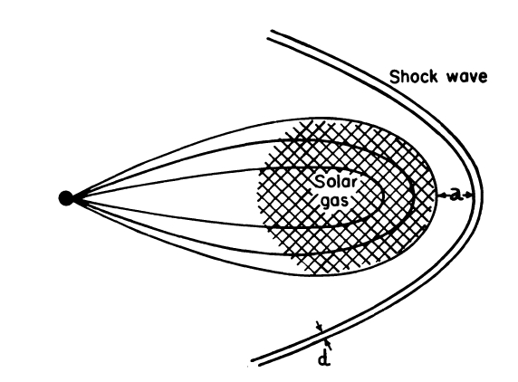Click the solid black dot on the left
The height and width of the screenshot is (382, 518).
[66, 198]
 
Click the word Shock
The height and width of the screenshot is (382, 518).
[414, 77]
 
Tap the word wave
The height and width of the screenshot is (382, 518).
[467, 78]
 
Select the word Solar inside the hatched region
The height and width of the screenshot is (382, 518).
[336, 182]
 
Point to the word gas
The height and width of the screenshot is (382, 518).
[335, 201]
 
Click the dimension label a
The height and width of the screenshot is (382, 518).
[456, 196]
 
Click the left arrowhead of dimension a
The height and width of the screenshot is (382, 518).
[442, 196]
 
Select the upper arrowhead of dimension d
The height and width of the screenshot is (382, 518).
[320, 328]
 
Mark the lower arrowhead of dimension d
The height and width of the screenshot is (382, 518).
[327, 341]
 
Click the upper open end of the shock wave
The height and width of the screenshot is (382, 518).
[269, 35]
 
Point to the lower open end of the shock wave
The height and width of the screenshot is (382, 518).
[254, 362]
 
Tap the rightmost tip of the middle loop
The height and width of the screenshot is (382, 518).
[413, 197]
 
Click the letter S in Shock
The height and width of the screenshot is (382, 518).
[395, 77]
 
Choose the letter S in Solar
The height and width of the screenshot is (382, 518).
[320, 182]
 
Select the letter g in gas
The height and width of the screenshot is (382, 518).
[325, 202]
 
